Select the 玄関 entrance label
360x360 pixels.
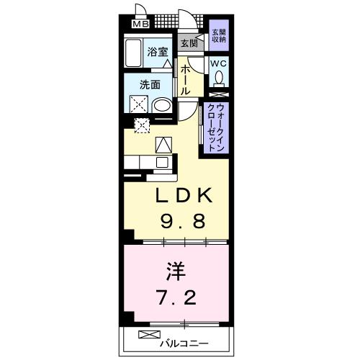pos(189,43)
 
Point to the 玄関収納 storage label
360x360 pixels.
pos(218,35)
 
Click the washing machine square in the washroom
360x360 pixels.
pos(136,105)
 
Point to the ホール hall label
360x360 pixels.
pos(185,80)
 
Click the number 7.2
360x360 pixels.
pos(174,297)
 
